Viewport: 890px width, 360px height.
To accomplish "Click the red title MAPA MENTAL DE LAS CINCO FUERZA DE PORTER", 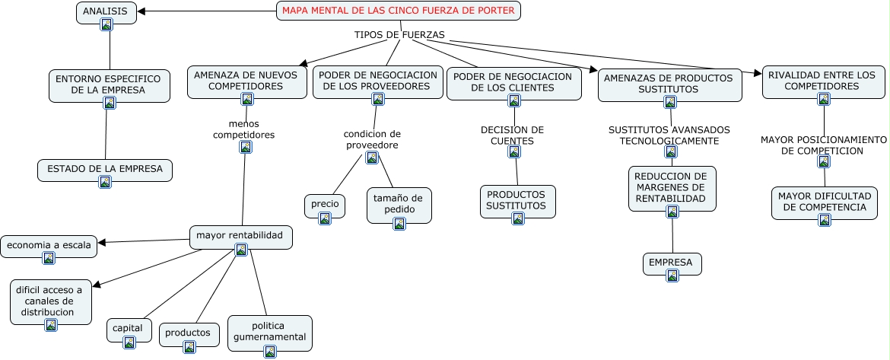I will click(399, 11).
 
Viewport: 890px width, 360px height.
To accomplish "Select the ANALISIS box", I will click(106, 11).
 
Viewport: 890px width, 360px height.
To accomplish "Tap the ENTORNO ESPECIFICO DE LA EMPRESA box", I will click(108, 84).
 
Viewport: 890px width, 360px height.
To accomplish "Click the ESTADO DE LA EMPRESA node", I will click(105, 169).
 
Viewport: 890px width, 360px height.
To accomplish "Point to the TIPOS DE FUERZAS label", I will click(399, 34).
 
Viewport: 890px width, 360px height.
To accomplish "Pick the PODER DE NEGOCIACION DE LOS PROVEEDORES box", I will click(378, 81).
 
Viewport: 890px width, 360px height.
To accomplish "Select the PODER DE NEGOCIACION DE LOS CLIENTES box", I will click(513, 81).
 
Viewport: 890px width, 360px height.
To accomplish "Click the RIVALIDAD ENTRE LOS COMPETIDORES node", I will click(824, 81).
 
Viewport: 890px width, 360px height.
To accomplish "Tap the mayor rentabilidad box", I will click(240, 236).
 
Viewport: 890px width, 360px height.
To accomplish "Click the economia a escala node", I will click(49, 245).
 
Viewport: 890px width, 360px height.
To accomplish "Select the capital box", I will click(128, 328).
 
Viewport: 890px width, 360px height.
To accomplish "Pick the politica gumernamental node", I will click(269, 332).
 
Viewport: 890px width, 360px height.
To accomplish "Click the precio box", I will click(325, 205).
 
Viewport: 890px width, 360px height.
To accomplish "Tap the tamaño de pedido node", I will click(399, 203).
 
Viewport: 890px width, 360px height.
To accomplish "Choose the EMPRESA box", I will click(671, 263).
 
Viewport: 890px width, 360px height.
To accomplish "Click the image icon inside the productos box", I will click(189, 347).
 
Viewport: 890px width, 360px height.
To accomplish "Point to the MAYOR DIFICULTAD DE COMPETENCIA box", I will click(825, 202).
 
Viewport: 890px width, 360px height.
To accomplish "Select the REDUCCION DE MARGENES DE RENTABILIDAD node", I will click(672, 187).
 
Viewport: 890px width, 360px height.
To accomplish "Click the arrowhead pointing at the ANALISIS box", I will click(142, 11).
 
